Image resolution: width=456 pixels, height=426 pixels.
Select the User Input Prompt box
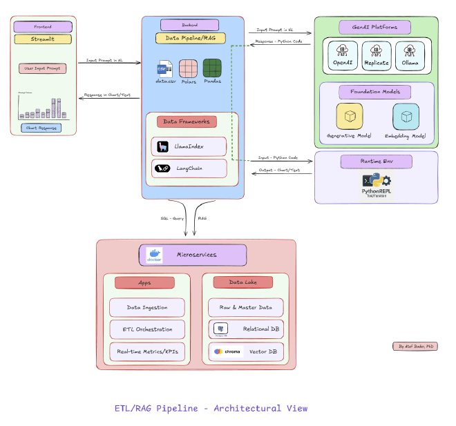click(41, 68)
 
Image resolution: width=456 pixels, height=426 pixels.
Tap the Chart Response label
click(41, 128)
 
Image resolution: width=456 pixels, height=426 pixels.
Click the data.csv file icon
click(164, 69)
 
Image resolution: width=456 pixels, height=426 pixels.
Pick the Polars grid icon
click(189, 69)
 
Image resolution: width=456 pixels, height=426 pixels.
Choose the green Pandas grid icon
click(211, 69)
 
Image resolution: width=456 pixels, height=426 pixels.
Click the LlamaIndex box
click(189, 146)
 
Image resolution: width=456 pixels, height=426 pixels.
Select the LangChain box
click(189, 168)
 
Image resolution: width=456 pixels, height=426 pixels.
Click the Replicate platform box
click(376, 55)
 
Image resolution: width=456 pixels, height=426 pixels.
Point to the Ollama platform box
click(410, 55)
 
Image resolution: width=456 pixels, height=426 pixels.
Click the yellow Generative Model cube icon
click(350, 116)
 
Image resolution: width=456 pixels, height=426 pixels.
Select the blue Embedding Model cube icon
click(406, 116)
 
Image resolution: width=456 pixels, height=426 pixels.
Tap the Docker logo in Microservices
click(154, 255)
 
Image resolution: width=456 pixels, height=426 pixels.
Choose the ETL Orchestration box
click(147, 329)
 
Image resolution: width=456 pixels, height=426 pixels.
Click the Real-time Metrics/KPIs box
click(147, 351)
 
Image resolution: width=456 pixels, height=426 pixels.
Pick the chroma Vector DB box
click(245, 351)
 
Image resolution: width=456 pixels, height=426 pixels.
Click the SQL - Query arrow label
click(173, 217)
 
